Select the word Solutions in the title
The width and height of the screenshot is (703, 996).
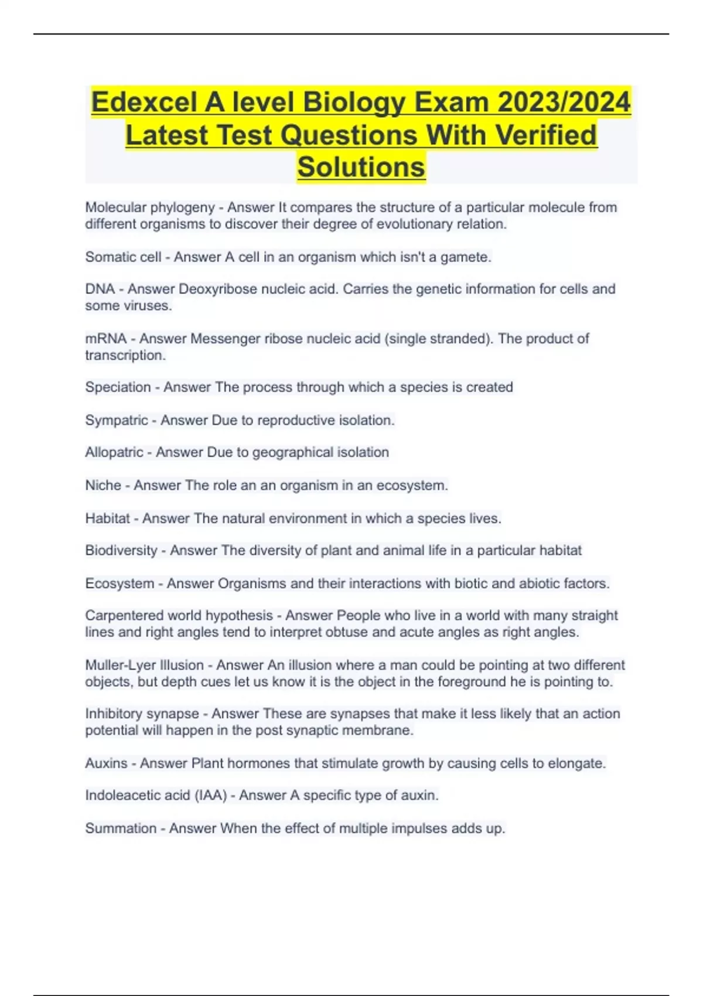click(x=361, y=166)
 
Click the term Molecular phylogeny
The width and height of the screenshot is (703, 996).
click(x=150, y=207)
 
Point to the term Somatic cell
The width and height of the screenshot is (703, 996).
click(x=123, y=257)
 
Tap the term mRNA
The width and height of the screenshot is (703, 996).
click(x=105, y=339)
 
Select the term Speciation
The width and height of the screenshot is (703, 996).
click(x=118, y=387)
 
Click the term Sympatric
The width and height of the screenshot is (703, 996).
click(x=117, y=420)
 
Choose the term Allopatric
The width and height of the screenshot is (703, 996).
click(x=114, y=452)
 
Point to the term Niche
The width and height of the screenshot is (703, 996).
click(x=103, y=485)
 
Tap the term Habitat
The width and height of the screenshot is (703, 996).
click(x=107, y=519)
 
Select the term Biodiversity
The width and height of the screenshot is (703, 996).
click(x=121, y=551)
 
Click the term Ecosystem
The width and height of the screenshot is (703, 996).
click(x=120, y=584)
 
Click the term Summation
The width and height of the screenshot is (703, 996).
click(x=121, y=828)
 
